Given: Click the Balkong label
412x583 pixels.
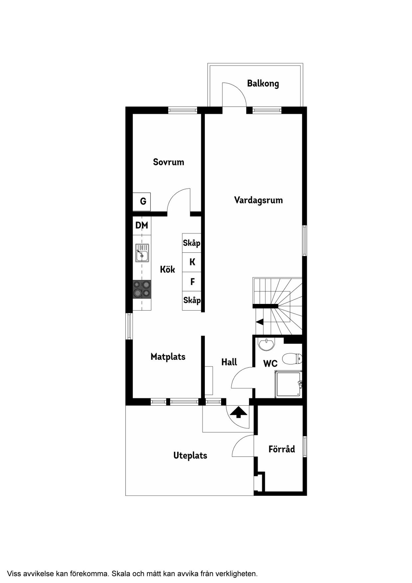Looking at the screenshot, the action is point(263,84).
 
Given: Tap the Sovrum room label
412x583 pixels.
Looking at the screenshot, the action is point(169,162).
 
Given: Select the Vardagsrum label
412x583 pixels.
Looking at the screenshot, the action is point(258,200).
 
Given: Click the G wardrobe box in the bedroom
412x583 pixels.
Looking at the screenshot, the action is point(142,202).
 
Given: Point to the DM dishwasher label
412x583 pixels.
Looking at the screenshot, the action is point(142,226).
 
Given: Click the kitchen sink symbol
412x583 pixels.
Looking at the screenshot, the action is point(142,253).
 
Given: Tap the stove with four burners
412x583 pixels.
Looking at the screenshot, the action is point(142,289).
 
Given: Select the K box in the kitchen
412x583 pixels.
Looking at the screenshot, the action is point(192,262).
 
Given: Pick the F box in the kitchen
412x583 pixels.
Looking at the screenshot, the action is point(192,282).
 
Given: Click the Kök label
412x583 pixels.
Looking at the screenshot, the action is point(167,269).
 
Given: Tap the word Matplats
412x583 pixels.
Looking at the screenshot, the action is point(168,357).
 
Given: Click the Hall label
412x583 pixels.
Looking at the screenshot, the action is point(229,362).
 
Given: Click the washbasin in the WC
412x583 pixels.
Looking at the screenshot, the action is point(266,344).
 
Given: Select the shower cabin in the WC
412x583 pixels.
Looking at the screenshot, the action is point(288,384).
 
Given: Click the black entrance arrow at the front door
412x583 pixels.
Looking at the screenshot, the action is point(239,413).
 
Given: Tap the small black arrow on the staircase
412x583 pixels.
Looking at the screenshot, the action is point(260,322).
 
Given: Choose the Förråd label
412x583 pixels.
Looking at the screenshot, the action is point(282,449).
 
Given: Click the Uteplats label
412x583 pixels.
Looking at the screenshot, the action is point(190,456).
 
